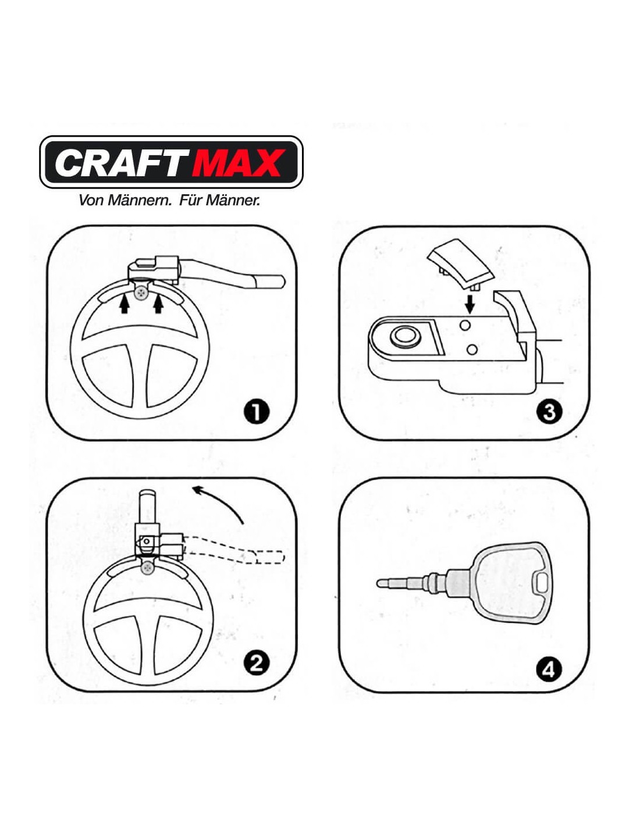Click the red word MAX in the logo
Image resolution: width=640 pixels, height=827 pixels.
(x=239, y=162)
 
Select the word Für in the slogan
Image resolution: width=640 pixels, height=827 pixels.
(x=190, y=200)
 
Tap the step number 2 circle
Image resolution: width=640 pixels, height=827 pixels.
(x=256, y=662)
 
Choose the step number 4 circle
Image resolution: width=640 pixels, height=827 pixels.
(x=549, y=670)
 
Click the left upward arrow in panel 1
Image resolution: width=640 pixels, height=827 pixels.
(x=124, y=305)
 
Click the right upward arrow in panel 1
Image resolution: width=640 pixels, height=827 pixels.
(x=158, y=305)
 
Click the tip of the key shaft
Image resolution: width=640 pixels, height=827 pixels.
(x=378, y=583)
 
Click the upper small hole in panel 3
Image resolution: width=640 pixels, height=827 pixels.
(x=465, y=325)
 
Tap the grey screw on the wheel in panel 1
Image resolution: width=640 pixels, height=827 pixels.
(x=141, y=293)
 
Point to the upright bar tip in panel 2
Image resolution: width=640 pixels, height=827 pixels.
(x=148, y=494)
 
